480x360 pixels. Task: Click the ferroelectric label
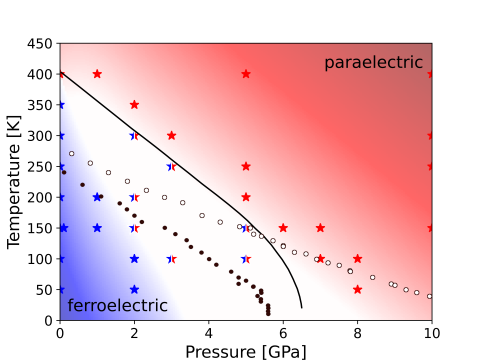(117, 305)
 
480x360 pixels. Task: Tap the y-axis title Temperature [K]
(15, 181)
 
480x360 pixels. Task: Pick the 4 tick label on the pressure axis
(209, 332)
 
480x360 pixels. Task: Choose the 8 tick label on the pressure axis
(358, 332)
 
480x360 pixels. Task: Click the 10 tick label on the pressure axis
(432, 332)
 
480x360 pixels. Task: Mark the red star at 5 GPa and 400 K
(246, 74)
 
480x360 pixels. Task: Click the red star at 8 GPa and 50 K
(358, 289)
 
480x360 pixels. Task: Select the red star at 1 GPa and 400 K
(97, 74)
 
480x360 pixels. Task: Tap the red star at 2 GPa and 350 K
(134, 104)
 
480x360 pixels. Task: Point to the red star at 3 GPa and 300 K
(172, 135)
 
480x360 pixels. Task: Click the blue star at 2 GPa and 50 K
(134, 289)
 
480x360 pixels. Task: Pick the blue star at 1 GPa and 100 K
(97, 258)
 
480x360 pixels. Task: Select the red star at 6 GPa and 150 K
(283, 228)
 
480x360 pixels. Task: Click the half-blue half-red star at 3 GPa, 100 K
(172, 258)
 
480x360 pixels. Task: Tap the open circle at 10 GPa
(430, 296)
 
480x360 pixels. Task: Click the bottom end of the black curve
(302, 307)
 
